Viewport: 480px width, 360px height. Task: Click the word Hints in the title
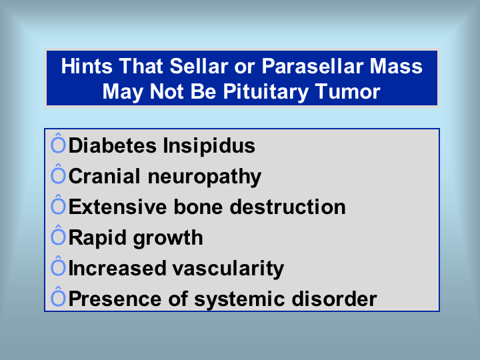[87, 66]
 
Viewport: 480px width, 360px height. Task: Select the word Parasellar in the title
[312, 66]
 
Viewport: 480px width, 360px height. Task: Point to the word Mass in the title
[396, 66]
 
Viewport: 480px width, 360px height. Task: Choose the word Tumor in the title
[347, 91]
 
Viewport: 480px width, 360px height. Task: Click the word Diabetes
[113, 145]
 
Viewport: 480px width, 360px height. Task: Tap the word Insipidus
[209, 146]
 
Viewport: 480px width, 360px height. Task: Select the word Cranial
[105, 176]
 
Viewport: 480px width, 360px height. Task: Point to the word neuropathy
[205, 177]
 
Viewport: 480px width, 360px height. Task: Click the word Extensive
[118, 207]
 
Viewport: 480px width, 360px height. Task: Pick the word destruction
[288, 207]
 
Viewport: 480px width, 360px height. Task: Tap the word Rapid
[97, 238]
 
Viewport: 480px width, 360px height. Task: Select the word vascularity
[228, 269]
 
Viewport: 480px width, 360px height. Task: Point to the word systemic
[240, 299]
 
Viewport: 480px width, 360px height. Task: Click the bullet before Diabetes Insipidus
[58, 143]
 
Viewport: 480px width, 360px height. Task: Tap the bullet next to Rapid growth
[58, 235]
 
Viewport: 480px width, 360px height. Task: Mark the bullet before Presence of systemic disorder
[58, 297]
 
